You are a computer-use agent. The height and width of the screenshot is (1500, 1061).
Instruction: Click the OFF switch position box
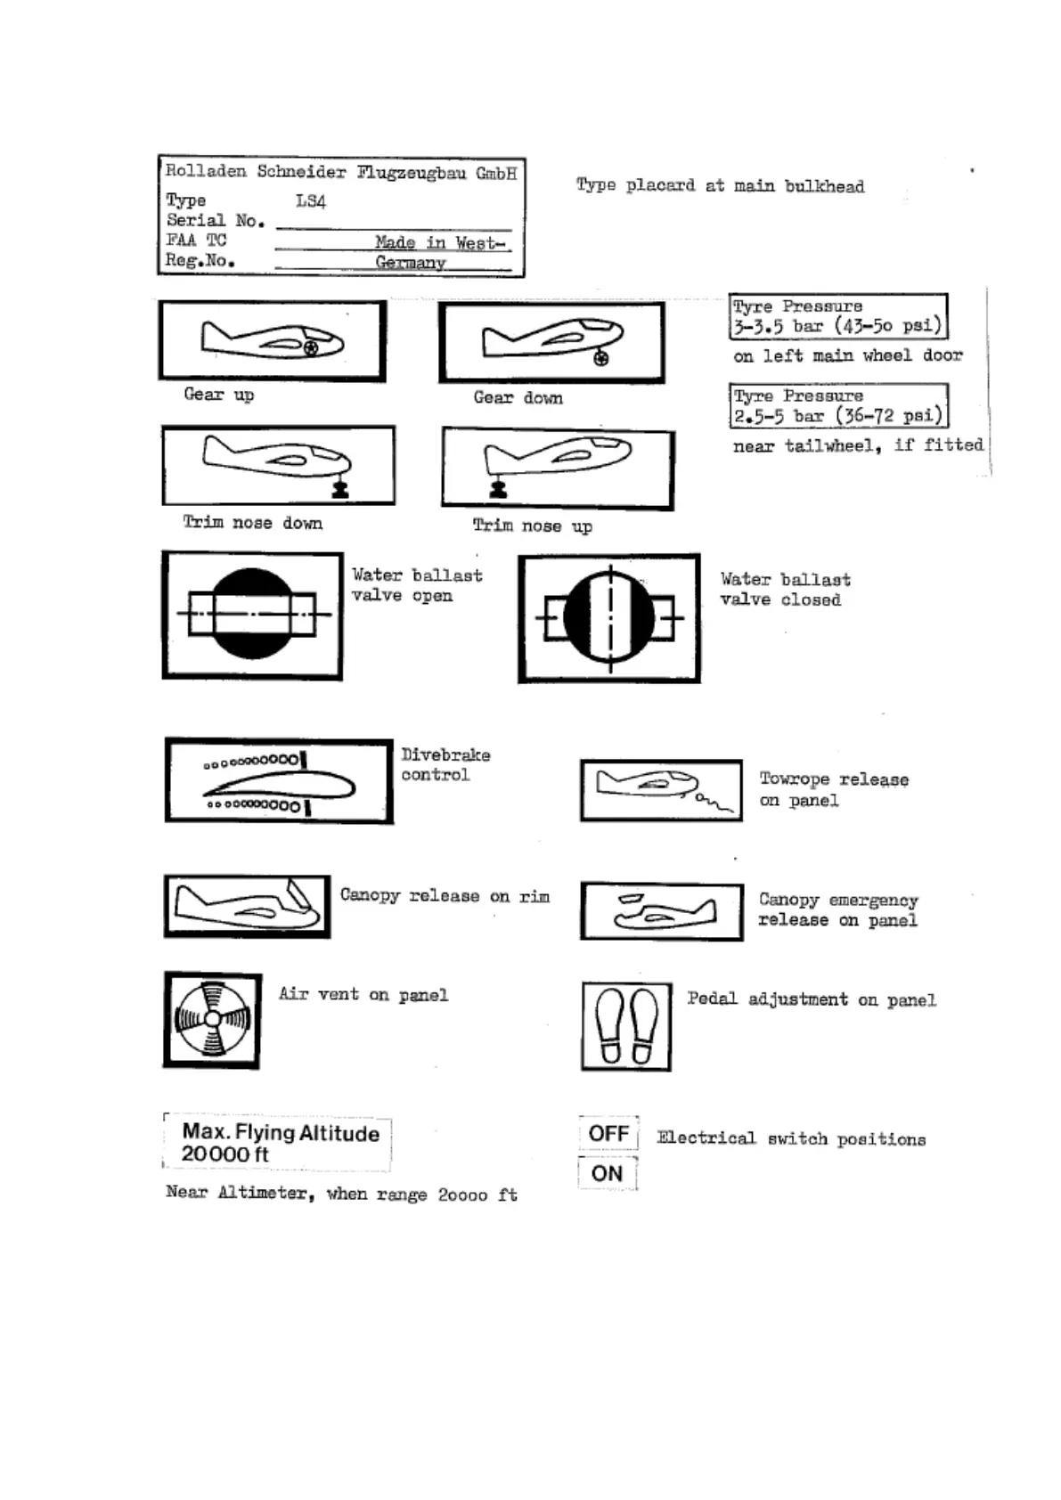click(608, 1133)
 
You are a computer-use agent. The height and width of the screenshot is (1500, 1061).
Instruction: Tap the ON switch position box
click(607, 1173)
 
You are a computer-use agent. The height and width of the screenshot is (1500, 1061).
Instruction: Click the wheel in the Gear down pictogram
click(601, 358)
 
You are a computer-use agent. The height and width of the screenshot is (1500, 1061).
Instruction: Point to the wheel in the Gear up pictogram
click(310, 347)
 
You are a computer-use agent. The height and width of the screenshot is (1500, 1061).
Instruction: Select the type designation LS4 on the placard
click(311, 201)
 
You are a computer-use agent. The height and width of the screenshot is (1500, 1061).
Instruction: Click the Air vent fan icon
click(212, 1020)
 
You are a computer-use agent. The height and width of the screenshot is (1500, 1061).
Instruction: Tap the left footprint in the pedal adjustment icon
click(610, 1025)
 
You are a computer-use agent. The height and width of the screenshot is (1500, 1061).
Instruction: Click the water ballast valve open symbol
click(252, 615)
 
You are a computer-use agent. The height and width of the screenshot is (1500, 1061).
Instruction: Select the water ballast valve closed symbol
click(609, 618)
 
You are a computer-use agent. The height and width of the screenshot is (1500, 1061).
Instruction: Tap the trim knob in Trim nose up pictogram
click(498, 488)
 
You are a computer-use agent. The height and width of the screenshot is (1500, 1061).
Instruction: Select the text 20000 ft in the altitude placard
click(224, 1154)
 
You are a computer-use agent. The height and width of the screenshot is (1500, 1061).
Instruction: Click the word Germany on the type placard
click(410, 262)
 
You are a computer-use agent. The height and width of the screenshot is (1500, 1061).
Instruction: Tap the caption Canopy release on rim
click(445, 896)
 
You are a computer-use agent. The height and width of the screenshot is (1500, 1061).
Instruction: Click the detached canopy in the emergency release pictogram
click(631, 900)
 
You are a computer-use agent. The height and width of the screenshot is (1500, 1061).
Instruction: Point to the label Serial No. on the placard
click(215, 220)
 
